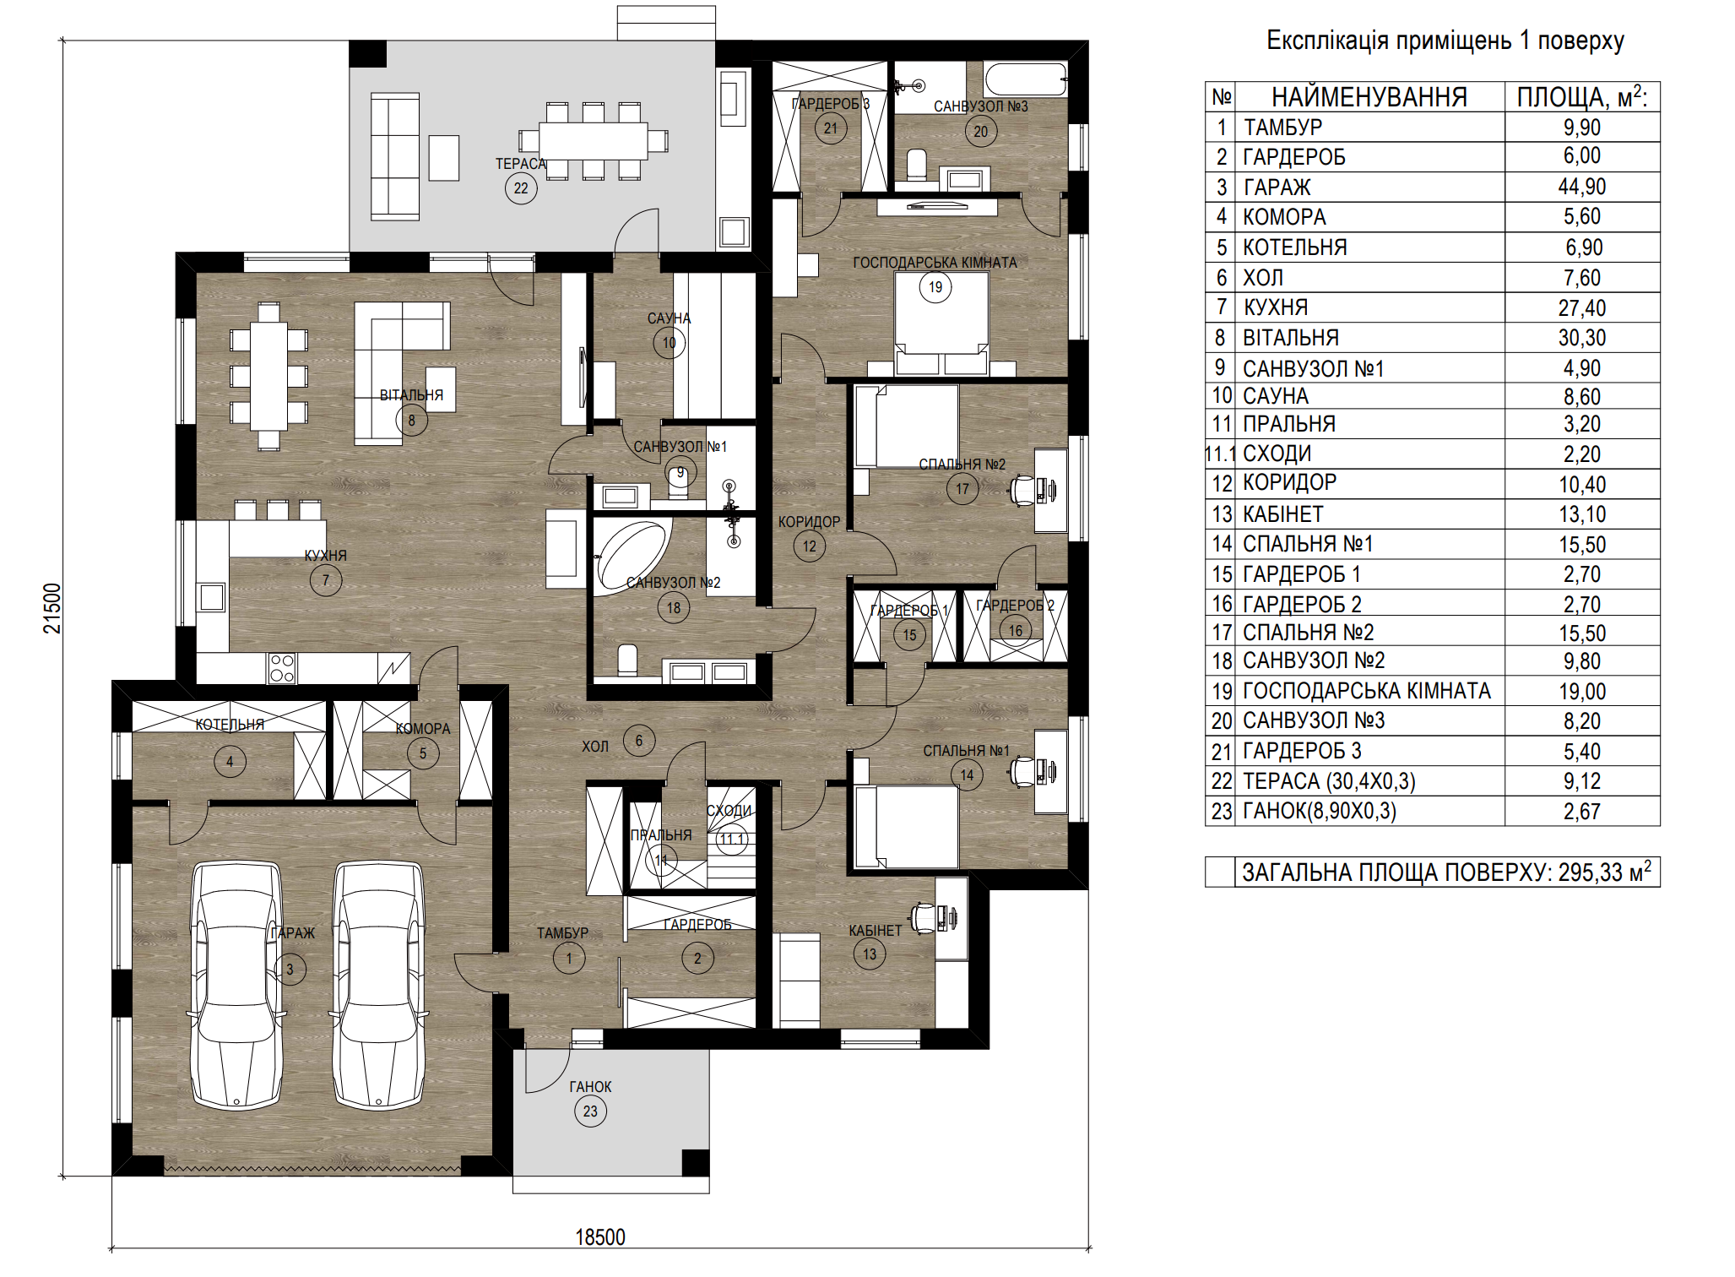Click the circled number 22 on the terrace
tap(521, 188)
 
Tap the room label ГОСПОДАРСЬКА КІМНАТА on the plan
tap(935, 263)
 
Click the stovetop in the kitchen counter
tap(282, 668)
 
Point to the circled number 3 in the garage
tap(290, 969)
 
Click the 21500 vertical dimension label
tap(52, 608)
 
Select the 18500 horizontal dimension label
tap(600, 1237)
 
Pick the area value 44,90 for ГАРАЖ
tap(1582, 187)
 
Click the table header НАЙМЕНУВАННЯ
tap(1369, 97)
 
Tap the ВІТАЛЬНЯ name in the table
tap(1291, 338)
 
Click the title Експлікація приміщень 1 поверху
tap(1445, 41)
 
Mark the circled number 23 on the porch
tap(590, 1111)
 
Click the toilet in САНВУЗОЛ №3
tap(917, 164)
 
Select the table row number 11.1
tap(1220, 454)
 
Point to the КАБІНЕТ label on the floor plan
tap(876, 931)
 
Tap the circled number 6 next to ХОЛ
tap(639, 741)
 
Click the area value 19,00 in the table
tap(1582, 692)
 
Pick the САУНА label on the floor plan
tap(669, 318)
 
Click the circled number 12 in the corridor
tap(810, 546)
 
